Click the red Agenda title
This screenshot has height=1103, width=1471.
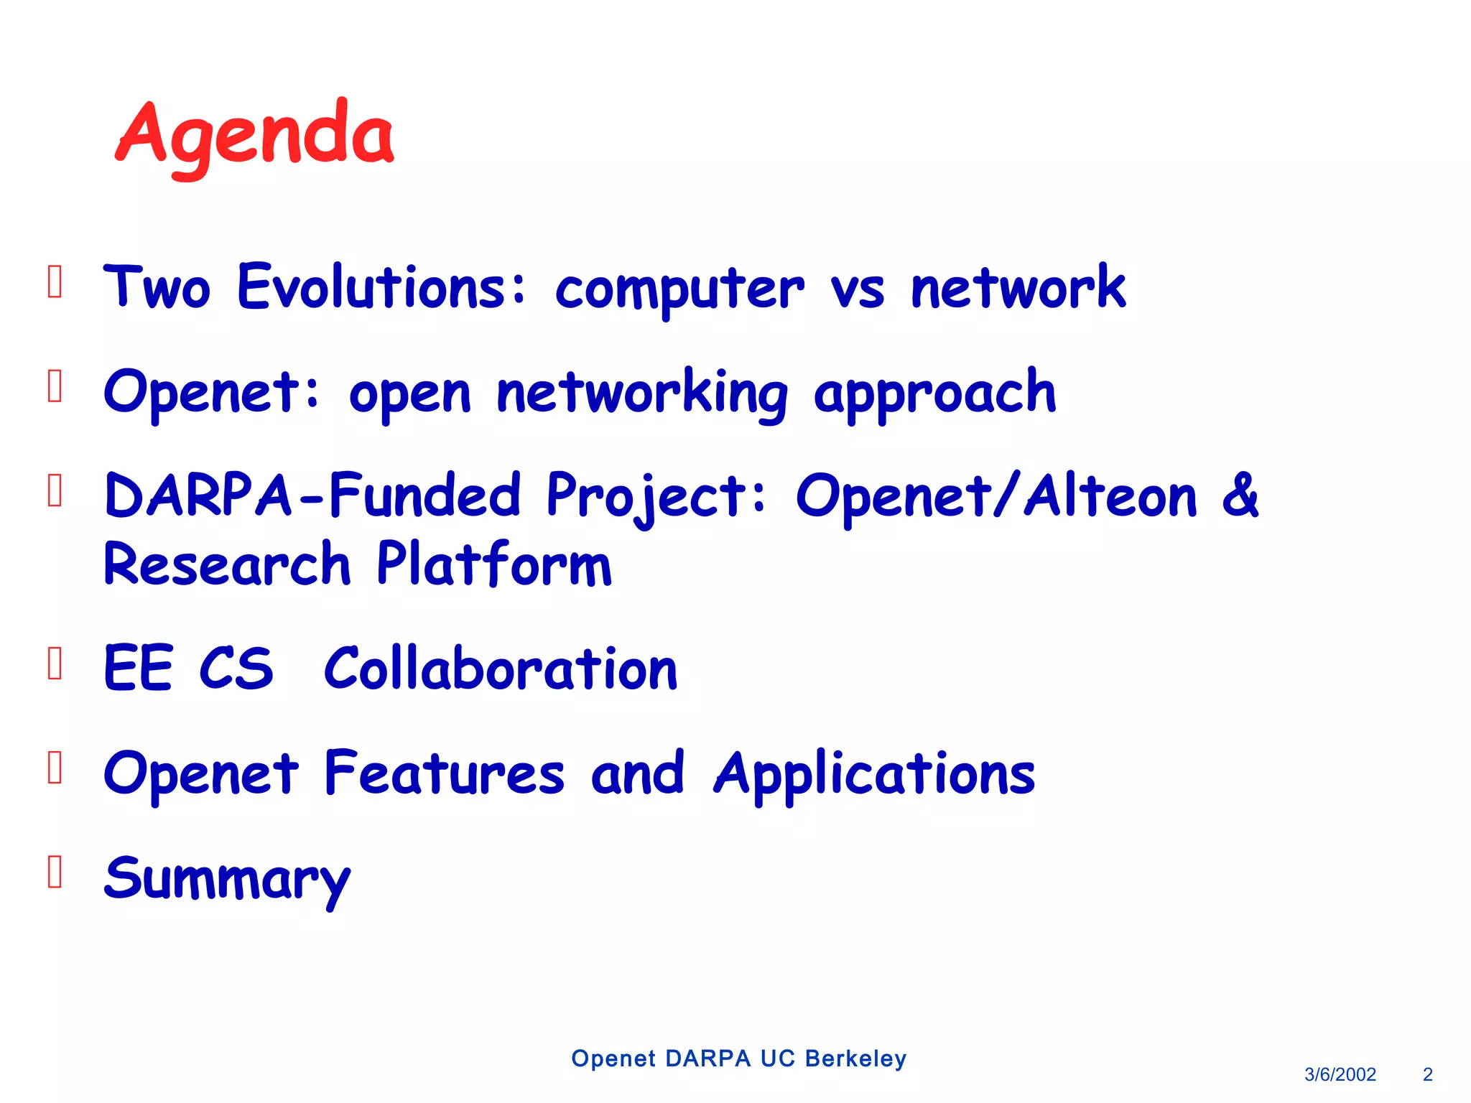click(255, 137)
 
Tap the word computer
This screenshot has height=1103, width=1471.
click(679, 292)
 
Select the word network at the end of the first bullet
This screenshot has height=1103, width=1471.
click(1018, 287)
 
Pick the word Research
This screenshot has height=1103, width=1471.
click(228, 563)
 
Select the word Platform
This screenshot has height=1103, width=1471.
click(494, 563)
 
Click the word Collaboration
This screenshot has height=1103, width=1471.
click(501, 667)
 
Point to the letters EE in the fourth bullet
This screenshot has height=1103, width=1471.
click(138, 667)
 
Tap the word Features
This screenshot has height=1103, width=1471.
click(445, 773)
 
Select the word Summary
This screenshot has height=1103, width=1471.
click(228, 881)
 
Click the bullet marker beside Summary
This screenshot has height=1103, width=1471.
click(55, 872)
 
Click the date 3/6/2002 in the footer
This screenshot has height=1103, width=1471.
click(1340, 1074)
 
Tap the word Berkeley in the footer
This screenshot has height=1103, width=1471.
click(855, 1058)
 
